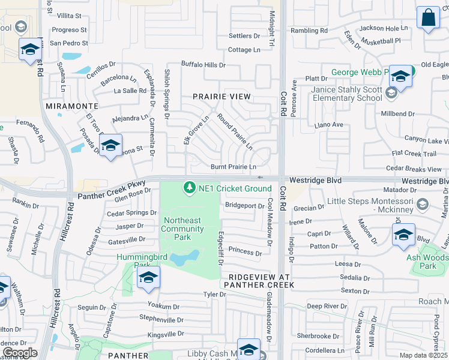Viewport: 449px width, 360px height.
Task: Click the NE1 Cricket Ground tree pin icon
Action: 190,188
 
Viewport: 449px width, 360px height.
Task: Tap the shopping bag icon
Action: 429,19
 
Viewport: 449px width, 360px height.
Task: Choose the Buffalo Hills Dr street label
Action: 203,65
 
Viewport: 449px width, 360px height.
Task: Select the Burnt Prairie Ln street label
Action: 234,167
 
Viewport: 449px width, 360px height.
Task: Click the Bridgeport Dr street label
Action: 245,205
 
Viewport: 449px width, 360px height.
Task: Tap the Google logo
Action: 20,353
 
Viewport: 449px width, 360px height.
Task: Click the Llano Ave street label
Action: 329,125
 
